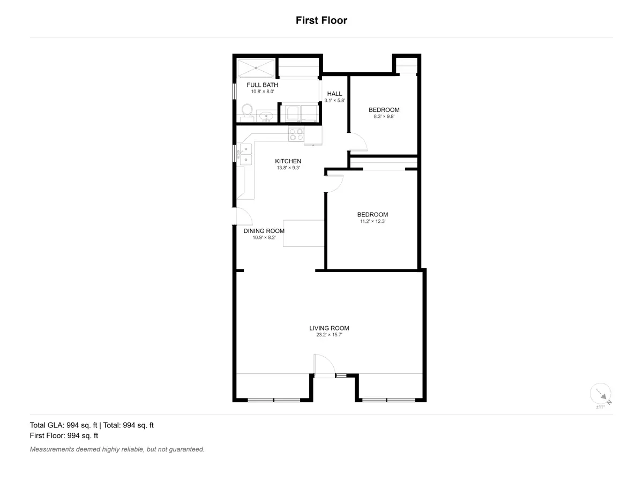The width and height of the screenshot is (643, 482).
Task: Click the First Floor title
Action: coord(322,20)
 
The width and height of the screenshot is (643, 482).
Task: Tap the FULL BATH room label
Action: coord(262,85)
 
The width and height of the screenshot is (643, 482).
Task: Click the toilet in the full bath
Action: coord(247,112)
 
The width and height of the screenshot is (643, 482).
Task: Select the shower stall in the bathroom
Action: coord(256,69)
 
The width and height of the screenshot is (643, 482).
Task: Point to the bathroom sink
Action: coord(266,116)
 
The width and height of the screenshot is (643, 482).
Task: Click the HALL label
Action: coord(334,94)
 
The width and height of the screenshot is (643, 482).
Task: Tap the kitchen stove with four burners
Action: coord(296,134)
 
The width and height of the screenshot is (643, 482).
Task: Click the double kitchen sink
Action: coord(246,154)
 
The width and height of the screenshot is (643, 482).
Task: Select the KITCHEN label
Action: coord(288,161)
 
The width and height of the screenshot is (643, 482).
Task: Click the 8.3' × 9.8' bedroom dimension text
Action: coord(384,116)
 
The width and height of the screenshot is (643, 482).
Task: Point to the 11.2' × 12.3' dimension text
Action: coord(372,221)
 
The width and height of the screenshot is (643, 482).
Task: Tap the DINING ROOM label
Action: coord(264,231)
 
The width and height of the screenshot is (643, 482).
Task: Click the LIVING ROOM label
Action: coord(329,328)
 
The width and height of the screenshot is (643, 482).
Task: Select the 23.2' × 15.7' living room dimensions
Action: coord(329,335)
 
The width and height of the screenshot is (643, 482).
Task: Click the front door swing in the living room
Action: coord(324,365)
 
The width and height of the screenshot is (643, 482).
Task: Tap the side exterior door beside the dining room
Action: coord(243,216)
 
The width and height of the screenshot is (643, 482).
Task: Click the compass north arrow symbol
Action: coord(601,394)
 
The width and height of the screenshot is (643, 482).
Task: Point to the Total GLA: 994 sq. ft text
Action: coord(63,425)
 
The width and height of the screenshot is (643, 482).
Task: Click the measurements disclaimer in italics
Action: coord(117,449)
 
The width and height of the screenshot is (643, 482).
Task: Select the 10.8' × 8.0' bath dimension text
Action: coord(263,92)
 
